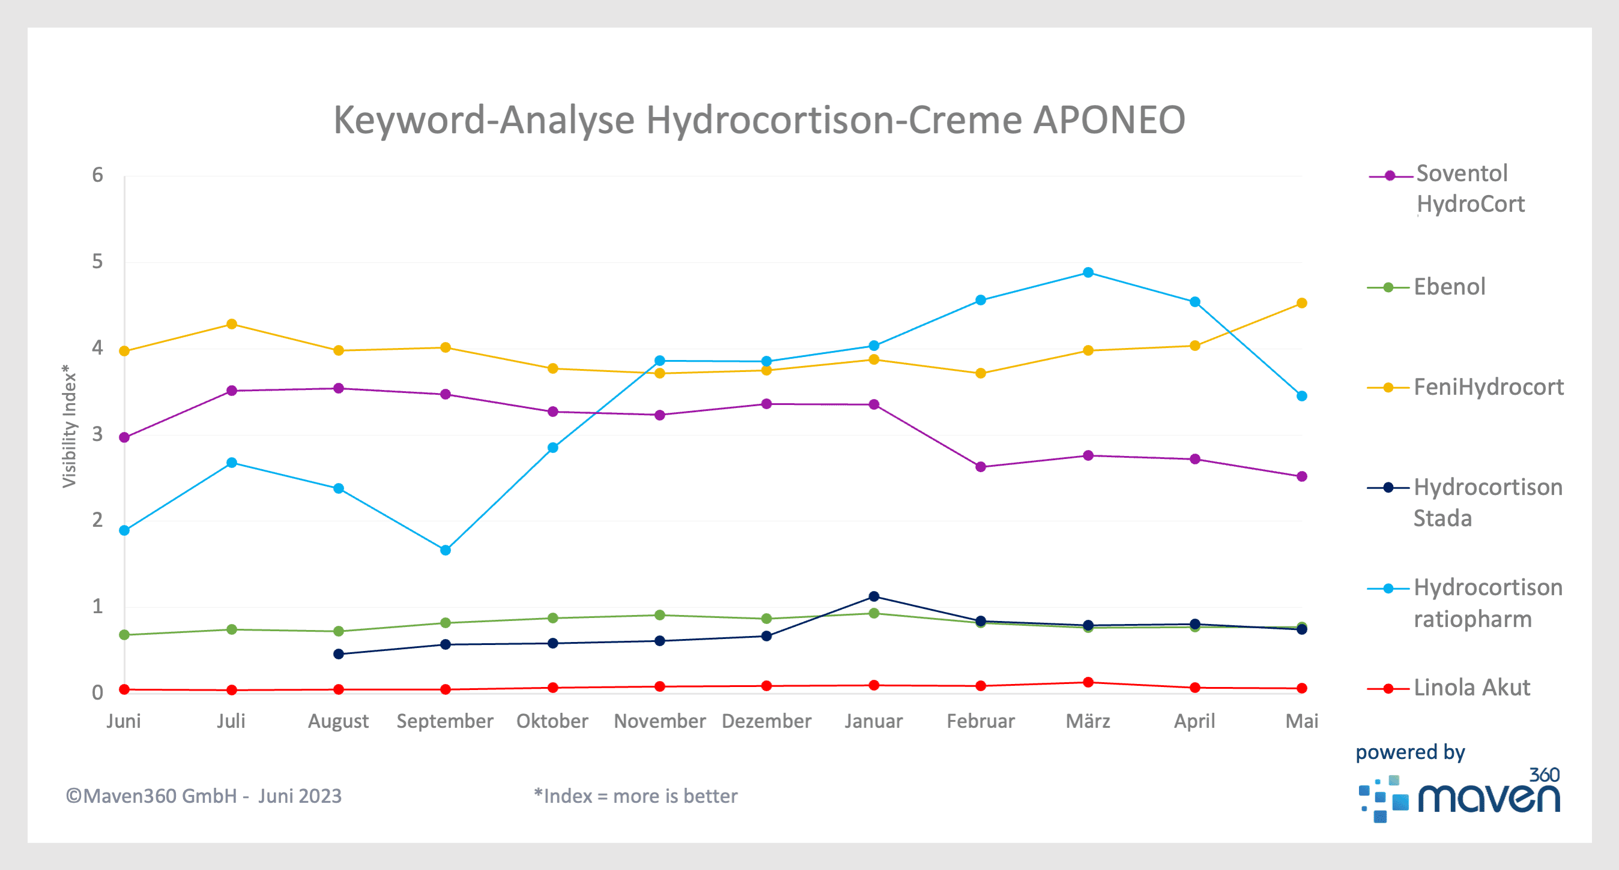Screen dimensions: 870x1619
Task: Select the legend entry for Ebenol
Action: [x=1448, y=287]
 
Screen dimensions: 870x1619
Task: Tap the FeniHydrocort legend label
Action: [x=1487, y=387]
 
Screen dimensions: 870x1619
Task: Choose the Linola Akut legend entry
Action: [x=1471, y=688]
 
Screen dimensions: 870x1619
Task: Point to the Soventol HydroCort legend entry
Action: [x=1461, y=188]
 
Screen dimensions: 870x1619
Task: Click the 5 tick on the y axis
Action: [x=97, y=262]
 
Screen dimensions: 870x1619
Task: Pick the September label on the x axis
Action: [x=445, y=721]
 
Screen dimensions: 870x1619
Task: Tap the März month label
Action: [x=1088, y=721]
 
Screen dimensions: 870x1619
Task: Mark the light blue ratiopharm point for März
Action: [x=1089, y=272]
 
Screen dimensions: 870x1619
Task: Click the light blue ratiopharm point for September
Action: [x=446, y=550]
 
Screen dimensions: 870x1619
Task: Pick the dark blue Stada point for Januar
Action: [x=874, y=596]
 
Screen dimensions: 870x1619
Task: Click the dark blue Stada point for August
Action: [x=339, y=654]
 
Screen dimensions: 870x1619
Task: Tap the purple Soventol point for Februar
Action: [x=981, y=467]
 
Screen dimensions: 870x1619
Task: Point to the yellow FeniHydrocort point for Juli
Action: [x=232, y=324]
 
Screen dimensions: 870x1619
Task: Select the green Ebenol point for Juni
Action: [x=124, y=635]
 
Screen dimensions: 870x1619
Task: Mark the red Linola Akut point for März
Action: [x=1089, y=682]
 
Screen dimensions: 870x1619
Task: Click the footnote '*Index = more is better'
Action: [x=635, y=797]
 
